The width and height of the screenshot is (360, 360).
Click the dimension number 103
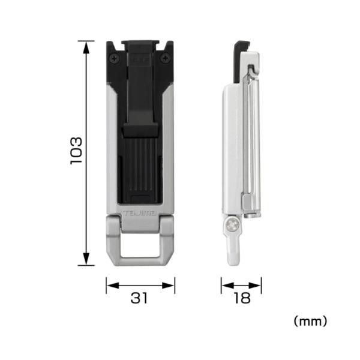pyautogui.click(x=76, y=151)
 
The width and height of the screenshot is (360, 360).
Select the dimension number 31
pyautogui.click(x=139, y=298)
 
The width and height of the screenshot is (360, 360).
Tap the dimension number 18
pyautogui.click(x=242, y=298)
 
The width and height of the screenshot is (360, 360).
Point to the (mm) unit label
pyautogui.click(x=310, y=321)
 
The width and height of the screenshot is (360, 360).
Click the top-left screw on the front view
pyautogui.click(x=115, y=58)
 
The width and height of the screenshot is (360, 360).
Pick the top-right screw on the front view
pyautogui.click(x=165, y=58)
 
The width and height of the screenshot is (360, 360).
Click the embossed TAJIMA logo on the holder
pyautogui.click(x=140, y=213)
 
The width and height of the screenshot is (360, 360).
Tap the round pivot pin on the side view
pyautogui.click(x=233, y=224)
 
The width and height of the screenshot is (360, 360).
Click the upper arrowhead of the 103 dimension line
pyautogui.click(x=86, y=48)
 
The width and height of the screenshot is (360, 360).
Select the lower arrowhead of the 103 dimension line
pyautogui.click(x=86, y=259)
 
